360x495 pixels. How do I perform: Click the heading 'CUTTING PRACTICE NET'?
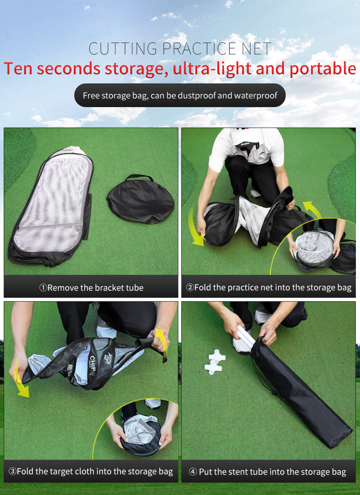(180, 49)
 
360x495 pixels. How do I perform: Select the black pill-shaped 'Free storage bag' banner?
(180, 96)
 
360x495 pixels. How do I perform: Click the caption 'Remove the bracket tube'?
(91, 288)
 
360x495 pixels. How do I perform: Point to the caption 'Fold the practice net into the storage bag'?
(268, 288)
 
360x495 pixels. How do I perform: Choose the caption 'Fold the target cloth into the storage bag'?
(91, 471)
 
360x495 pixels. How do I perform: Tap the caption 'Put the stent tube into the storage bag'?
(268, 472)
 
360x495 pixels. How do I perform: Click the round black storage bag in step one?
(141, 201)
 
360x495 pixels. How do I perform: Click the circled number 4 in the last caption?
(193, 472)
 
